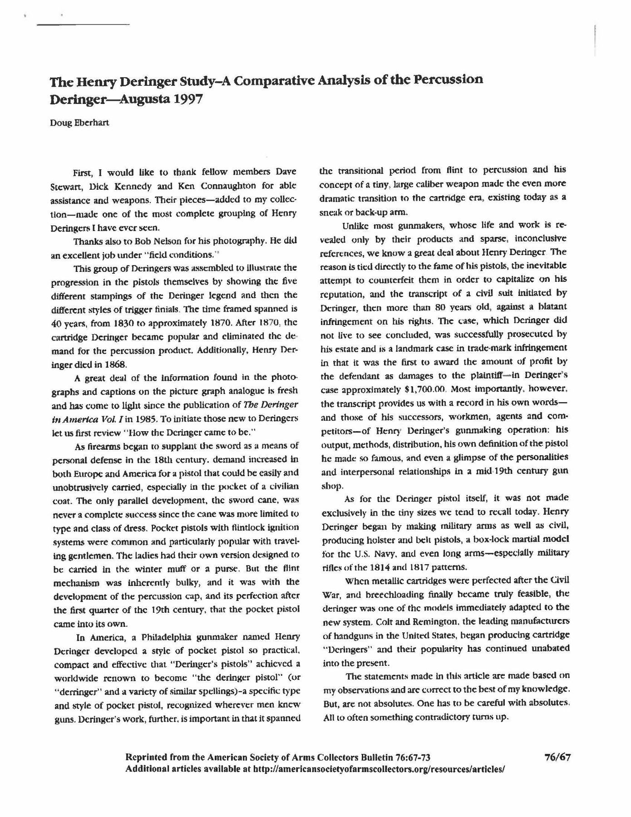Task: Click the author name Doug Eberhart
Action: click(79, 123)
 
